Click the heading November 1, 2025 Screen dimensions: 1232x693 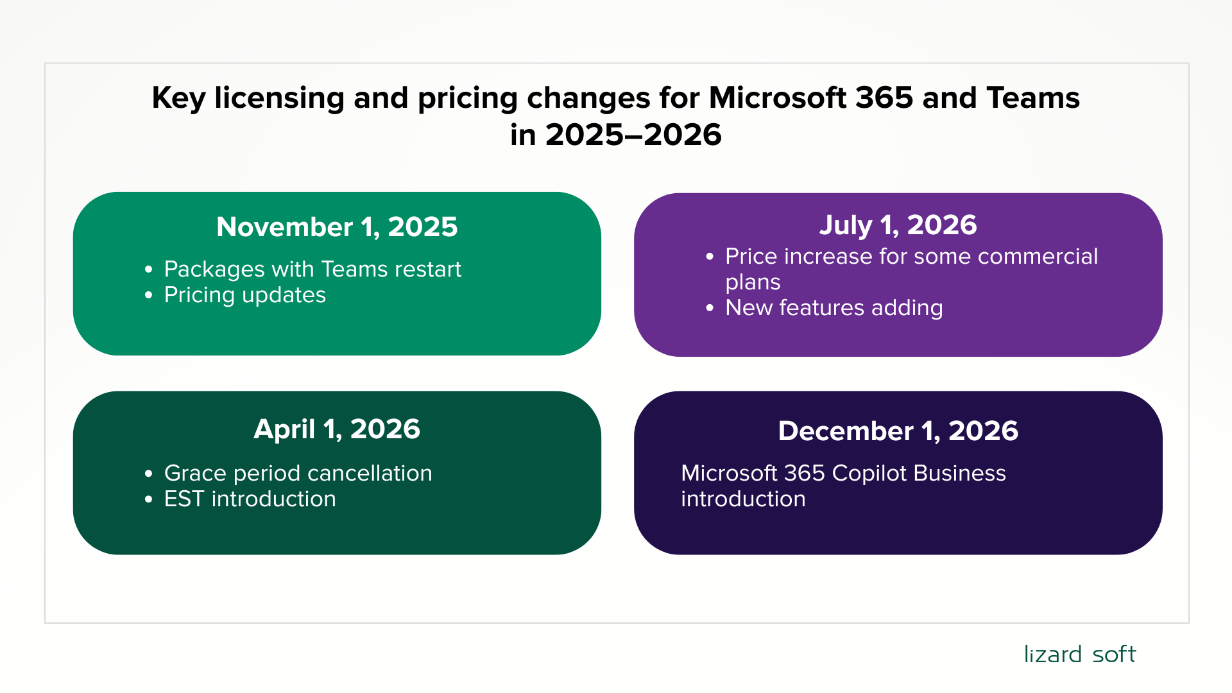pos(337,227)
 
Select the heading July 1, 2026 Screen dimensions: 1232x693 pos(898,225)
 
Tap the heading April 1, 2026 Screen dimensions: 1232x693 pos(337,429)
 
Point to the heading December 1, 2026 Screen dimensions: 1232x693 pos(898,431)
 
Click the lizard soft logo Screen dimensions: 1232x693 pos(1079,654)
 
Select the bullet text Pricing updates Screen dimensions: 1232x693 pos(245,295)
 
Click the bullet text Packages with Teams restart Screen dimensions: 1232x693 pos(312,269)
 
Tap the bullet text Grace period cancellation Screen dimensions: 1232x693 pos(298,474)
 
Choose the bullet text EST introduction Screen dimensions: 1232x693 pos(250,499)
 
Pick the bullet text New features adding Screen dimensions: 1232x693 pos(834,308)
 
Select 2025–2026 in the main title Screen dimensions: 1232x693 pos(633,135)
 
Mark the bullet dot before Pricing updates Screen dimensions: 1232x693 pos(149,296)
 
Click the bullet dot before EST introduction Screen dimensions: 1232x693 pos(149,500)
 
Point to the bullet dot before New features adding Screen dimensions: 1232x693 pos(710,309)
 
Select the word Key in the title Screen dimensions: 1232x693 pos(178,99)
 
